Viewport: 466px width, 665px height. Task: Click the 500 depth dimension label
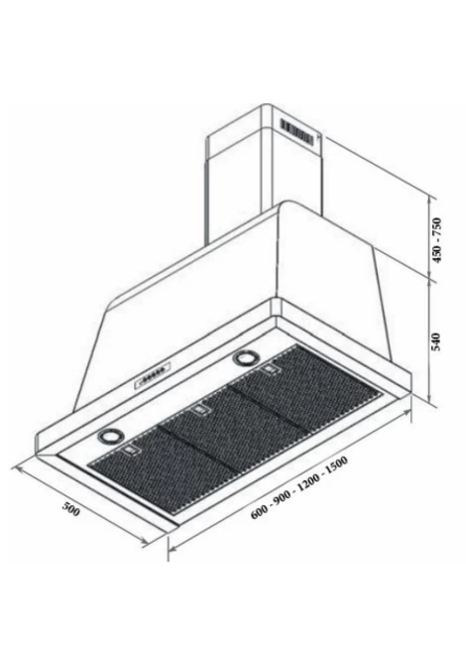[x=70, y=508]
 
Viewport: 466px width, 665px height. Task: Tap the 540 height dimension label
[x=436, y=341]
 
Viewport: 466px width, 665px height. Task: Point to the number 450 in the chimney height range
[x=436, y=253]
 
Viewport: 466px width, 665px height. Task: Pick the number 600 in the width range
[x=259, y=511]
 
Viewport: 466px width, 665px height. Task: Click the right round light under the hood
[x=245, y=357]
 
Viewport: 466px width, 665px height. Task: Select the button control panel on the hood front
[x=153, y=376]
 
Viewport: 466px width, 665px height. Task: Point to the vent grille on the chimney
[x=297, y=132]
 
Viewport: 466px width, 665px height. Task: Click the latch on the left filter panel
[x=131, y=451]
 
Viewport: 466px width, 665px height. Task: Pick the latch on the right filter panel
[x=271, y=370]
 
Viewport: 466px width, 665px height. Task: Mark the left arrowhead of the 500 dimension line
[x=16, y=468]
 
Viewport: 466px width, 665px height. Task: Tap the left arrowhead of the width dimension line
[x=172, y=548]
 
